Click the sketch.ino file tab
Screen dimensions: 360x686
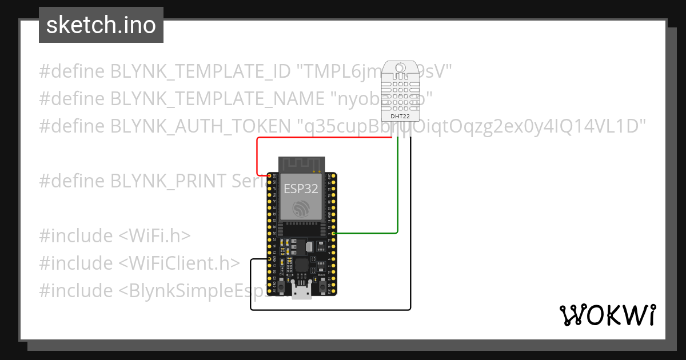101,25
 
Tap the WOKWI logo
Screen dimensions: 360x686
607,315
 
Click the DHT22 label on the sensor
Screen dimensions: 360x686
400,116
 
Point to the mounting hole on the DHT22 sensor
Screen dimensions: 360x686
400,70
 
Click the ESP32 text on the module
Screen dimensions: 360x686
302,189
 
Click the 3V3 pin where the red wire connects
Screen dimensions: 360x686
270,175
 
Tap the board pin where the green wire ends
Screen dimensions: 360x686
333,233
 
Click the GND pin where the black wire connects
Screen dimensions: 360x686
270,259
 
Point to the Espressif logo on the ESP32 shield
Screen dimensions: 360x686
301,209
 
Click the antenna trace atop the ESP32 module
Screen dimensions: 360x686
301,163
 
